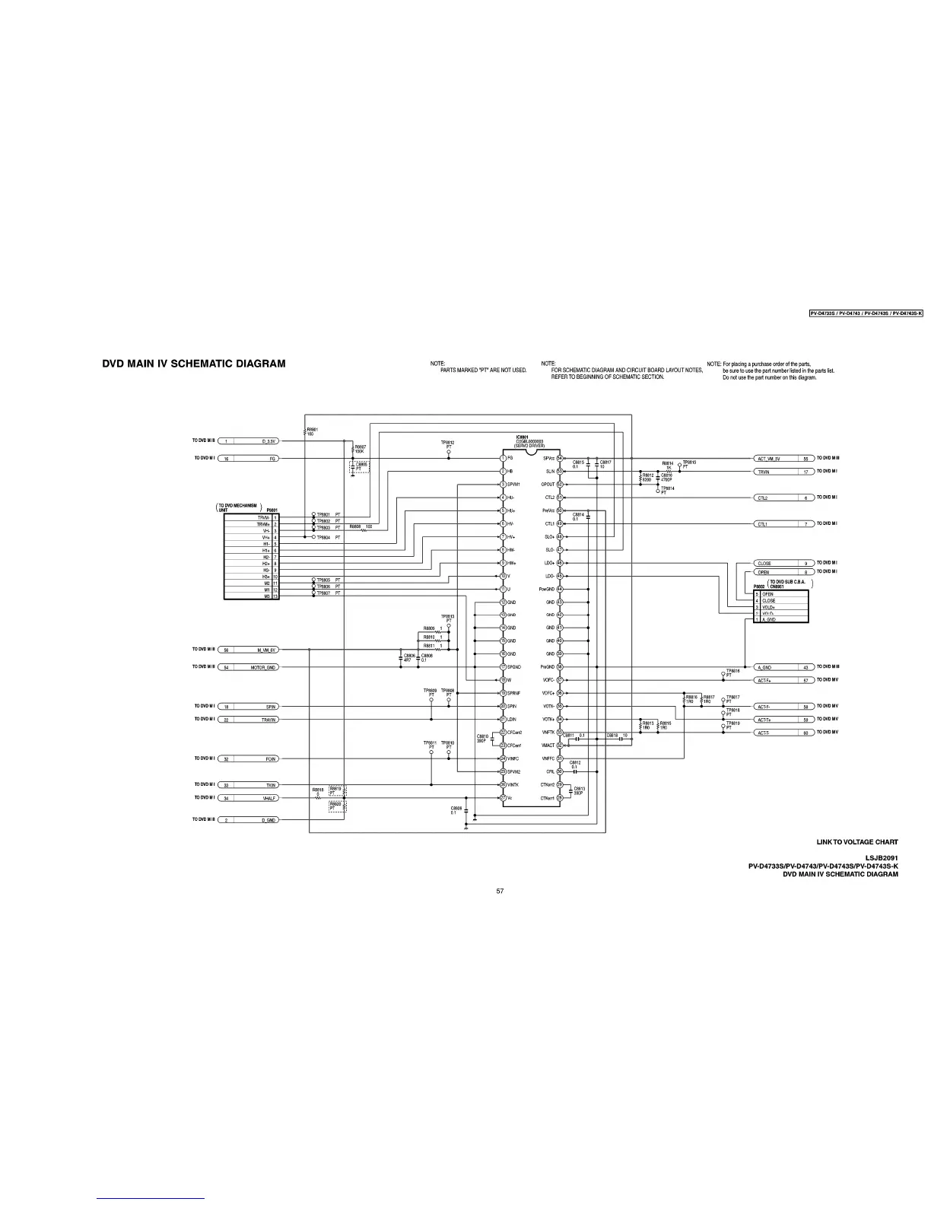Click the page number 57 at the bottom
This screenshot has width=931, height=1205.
(500, 891)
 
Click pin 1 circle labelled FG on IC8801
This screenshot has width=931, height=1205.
(503, 458)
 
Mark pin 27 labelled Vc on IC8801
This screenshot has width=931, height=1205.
(503, 798)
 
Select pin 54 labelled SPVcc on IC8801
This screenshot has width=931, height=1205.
(560, 458)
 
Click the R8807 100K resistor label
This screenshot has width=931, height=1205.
(361, 449)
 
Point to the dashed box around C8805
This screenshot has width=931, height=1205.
(359, 466)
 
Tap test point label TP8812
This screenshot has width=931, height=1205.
(448, 442)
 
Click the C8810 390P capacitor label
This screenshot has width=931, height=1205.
(481, 738)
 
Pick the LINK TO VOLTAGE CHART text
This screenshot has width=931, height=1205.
(857, 842)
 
